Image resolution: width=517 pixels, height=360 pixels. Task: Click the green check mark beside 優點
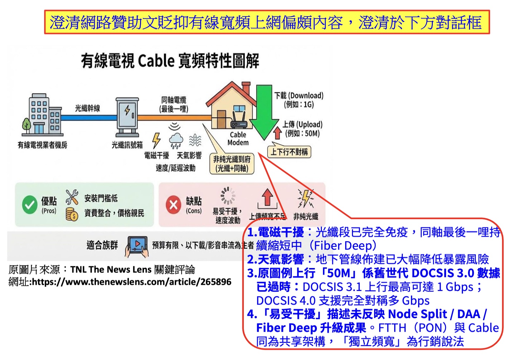pos(29,205)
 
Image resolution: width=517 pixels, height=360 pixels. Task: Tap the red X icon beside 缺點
pos(174,205)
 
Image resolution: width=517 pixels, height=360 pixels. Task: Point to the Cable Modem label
pos(238,138)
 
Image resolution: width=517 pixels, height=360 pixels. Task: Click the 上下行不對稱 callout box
pos(289,152)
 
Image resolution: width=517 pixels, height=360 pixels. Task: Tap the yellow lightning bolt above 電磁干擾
pos(156,140)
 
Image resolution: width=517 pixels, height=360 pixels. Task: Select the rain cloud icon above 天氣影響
pos(176,140)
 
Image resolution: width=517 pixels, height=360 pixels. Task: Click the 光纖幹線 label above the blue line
pos(87,108)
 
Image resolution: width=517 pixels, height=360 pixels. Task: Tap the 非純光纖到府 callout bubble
pos(232,164)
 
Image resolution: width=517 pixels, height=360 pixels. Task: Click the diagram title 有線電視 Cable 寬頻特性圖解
pos(170,61)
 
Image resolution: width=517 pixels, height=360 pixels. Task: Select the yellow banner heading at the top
pos(267,23)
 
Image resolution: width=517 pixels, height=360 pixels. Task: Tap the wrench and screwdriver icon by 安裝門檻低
pos(72,197)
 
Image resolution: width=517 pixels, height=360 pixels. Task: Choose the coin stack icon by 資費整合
pos(72,214)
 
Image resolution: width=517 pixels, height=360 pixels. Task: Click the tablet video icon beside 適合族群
pos(136,246)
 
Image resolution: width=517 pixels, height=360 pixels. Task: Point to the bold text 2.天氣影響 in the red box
pos(275,259)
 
